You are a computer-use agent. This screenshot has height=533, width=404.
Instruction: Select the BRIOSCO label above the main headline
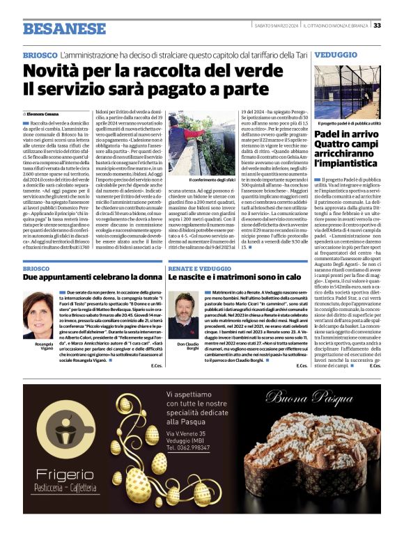(x=40, y=54)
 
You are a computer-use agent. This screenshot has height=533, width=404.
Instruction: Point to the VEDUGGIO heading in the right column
(x=337, y=54)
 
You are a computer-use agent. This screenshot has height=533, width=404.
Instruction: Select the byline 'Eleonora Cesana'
(x=46, y=113)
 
